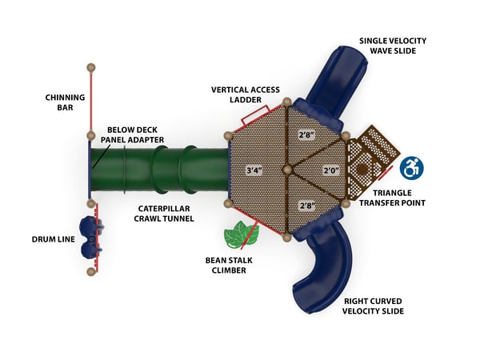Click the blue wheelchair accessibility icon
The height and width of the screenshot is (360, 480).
pyautogui.click(x=411, y=168)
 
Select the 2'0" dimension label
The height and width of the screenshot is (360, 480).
pyautogui.click(x=331, y=170)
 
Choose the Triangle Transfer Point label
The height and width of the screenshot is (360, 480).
pyautogui.click(x=391, y=198)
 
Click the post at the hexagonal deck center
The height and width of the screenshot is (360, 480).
pyautogui.click(x=288, y=170)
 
